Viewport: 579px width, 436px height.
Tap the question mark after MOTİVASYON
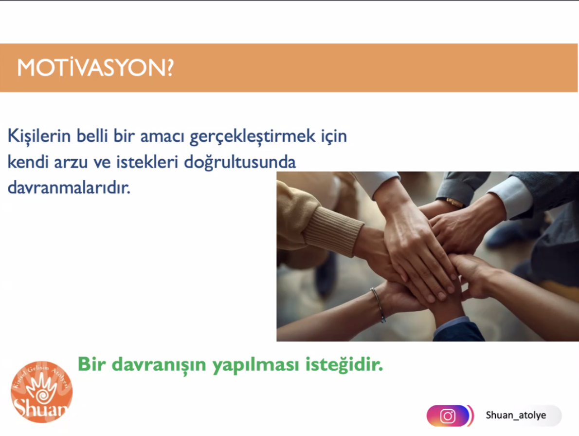pos(169,68)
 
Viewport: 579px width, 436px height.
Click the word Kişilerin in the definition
pos(39,136)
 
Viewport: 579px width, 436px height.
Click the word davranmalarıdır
pos(69,188)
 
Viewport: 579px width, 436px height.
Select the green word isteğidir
pos(344,365)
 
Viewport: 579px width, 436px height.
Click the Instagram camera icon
pos(448,416)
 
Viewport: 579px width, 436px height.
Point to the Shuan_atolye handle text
pos(516,415)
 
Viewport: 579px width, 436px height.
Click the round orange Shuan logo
pos(42,392)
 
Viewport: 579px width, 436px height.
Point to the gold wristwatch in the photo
pos(454,202)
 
